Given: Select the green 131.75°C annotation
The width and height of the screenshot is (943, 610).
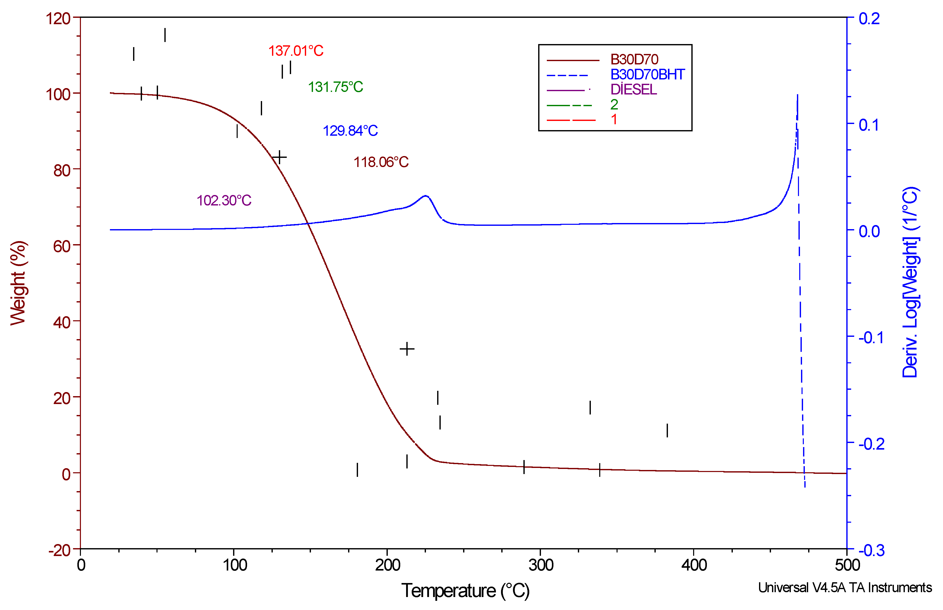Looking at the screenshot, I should (x=335, y=87).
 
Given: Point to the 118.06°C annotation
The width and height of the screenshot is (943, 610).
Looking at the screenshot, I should (x=381, y=162).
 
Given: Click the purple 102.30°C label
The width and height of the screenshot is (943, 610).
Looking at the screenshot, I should (x=224, y=200).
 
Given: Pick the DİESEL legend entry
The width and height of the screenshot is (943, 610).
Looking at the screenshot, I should (x=633, y=90).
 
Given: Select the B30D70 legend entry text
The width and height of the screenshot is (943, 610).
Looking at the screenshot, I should (x=634, y=59).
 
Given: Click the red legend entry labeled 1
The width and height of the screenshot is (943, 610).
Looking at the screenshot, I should (x=614, y=119).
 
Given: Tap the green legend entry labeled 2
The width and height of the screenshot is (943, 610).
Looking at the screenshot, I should (x=614, y=105).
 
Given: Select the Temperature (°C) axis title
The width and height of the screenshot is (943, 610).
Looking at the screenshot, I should (x=465, y=591).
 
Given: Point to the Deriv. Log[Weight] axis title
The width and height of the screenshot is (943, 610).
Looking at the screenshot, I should (x=910, y=282).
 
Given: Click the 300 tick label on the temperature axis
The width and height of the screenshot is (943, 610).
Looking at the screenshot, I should (x=540, y=565).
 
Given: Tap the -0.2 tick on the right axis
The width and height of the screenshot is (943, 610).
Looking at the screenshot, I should (x=871, y=444).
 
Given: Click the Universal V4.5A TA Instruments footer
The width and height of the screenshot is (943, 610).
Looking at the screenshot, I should (x=845, y=587).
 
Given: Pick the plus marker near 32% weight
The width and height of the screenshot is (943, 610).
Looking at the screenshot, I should (x=407, y=349).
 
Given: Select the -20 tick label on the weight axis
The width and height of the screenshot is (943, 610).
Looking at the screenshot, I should (x=59, y=550).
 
